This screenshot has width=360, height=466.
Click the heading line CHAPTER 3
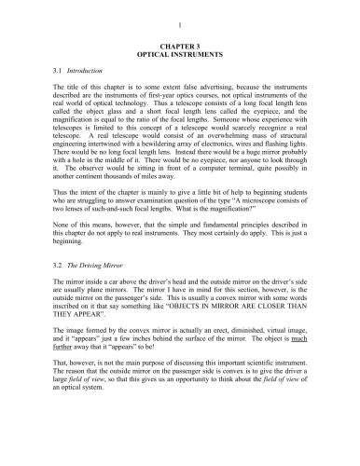(x=179, y=44)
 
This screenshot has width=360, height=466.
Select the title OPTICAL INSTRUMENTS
(x=179, y=52)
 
